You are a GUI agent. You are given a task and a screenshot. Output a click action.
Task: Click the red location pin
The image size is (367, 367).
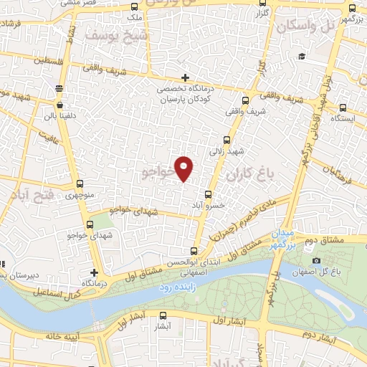click(x=185, y=168)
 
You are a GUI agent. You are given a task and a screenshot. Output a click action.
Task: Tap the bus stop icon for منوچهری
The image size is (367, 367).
click(x=79, y=184)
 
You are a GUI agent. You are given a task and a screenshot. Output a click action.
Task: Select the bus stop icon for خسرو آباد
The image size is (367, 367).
click(x=209, y=194)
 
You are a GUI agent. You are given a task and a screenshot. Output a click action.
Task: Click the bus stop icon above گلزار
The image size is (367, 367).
click(x=257, y=4)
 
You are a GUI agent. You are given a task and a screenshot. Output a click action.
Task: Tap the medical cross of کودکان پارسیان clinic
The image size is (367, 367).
click(x=185, y=77)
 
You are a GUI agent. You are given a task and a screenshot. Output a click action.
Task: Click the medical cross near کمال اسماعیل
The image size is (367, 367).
click(x=95, y=273)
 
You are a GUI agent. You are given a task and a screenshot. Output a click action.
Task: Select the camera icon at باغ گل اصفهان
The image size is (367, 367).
click(x=316, y=261)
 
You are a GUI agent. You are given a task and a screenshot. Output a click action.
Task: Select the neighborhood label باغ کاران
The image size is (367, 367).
click(x=245, y=174)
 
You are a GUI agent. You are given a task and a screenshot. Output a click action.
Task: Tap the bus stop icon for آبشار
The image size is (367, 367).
click(x=163, y=315)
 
